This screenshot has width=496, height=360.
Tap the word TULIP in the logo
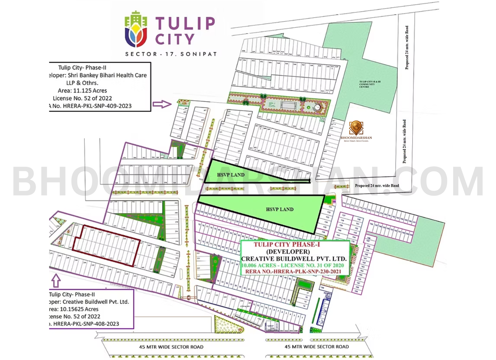tap(185, 24)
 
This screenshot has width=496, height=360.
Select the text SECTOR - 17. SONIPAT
tap(171, 54)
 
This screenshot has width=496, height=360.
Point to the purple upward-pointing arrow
tap(56, 280)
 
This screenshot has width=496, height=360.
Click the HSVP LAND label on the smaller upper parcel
tap(231, 175)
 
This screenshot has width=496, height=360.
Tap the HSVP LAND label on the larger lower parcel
tap(280, 209)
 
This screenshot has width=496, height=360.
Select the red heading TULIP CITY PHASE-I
tap(287, 245)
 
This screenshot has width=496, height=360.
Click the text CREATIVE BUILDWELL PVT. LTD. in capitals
tap(294, 259)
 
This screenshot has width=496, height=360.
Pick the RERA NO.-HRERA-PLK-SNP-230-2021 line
tap(293, 272)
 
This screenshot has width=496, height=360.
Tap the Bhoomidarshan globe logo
tap(356, 128)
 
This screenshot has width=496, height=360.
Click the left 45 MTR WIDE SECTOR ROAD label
tap(171, 347)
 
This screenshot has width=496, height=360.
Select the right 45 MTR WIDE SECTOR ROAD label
tap(317, 347)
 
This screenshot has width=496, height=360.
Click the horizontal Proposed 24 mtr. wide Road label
tap(377, 186)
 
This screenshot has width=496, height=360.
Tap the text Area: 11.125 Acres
tap(82, 91)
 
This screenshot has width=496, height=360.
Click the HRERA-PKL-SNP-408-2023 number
tap(86, 324)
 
